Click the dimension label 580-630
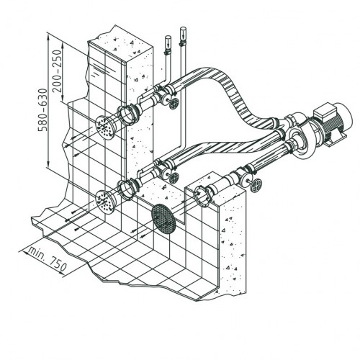pyautogui.click(x=43, y=110)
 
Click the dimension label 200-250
pyautogui.click(x=58, y=71)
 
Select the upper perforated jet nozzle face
pyautogui.click(x=105, y=127)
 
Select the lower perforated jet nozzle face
pyautogui.click(x=104, y=202)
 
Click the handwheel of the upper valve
pyautogui.click(x=174, y=104)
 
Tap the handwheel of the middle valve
pyautogui.click(x=174, y=178)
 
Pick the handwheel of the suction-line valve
pyautogui.click(x=256, y=185)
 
